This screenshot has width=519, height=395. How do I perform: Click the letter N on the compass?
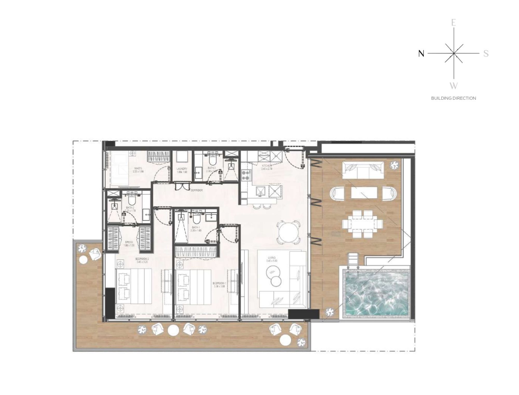coord(421,54)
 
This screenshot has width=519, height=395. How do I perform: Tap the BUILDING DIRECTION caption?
coord(453,98)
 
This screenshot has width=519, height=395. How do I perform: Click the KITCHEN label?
coord(267,166)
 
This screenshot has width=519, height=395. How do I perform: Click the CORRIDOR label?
coord(196,190)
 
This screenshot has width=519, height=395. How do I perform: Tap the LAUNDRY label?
coord(182,169)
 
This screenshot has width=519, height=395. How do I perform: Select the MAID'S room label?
coord(138,169)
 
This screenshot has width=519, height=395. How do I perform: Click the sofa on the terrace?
coord(363,170)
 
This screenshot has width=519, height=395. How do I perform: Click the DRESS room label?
coord(129,242)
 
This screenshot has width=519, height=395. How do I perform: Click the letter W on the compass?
coord(453,86)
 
